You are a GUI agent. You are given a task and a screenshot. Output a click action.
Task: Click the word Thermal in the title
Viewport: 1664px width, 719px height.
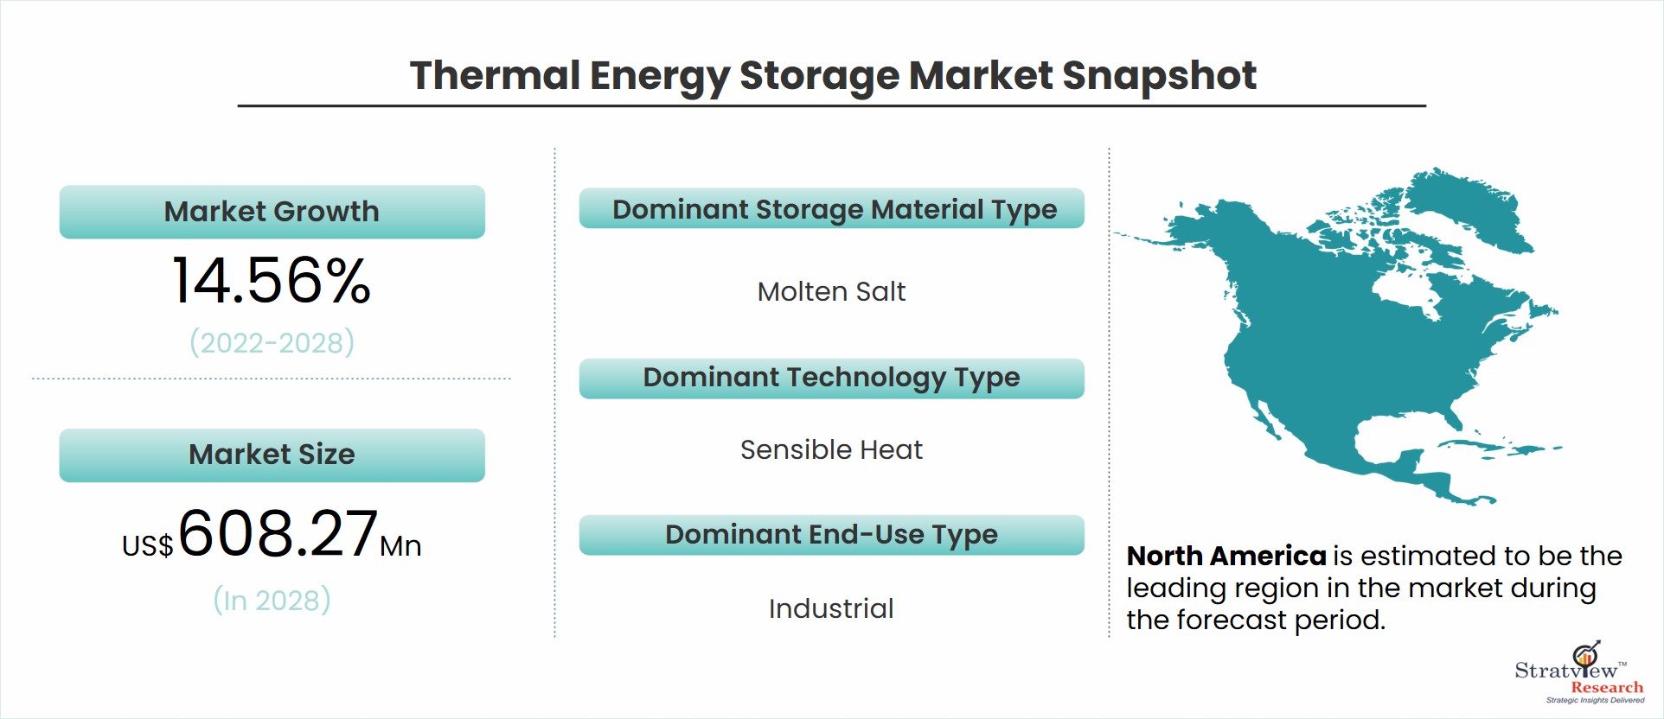(495, 75)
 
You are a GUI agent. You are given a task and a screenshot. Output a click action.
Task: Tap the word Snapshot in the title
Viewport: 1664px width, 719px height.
(1159, 77)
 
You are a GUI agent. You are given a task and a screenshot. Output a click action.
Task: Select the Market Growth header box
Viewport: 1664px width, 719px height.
(272, 212)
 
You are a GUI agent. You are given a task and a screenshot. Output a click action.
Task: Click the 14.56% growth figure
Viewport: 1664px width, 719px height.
(272, 281)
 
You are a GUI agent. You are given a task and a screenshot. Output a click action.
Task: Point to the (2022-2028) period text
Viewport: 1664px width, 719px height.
(272, 342)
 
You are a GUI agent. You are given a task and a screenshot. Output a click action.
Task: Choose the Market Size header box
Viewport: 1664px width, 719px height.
(272, 455)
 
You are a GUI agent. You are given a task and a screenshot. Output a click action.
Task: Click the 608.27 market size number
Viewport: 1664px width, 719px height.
(278, 532)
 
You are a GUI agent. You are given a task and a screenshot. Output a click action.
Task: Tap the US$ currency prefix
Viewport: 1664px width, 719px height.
(148, 546)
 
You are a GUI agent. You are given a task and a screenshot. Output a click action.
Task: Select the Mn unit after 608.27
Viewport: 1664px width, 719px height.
(400, 546)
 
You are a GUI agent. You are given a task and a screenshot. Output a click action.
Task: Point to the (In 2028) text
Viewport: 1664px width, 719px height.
(272, 600)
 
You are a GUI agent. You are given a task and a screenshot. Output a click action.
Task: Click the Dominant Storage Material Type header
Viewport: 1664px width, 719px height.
(832, 208)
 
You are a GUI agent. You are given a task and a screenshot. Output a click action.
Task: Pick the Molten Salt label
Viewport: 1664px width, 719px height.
(831, 292)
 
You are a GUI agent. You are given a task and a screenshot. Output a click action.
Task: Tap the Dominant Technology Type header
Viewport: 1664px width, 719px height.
(832, 379)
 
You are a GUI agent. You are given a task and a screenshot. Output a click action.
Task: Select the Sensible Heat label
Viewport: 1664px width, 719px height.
(831, 450)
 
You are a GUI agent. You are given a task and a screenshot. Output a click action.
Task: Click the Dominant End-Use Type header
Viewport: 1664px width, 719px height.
(832, 535)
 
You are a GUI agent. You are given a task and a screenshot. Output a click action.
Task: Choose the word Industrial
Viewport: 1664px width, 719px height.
(831, 608)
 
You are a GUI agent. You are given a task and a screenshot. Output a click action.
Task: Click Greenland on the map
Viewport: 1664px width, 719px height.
(1470, 207)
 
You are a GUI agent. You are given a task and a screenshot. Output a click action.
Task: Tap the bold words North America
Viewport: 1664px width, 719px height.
(1226, 556)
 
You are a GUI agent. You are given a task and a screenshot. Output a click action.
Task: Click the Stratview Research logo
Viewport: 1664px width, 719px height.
(1579, 673)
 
